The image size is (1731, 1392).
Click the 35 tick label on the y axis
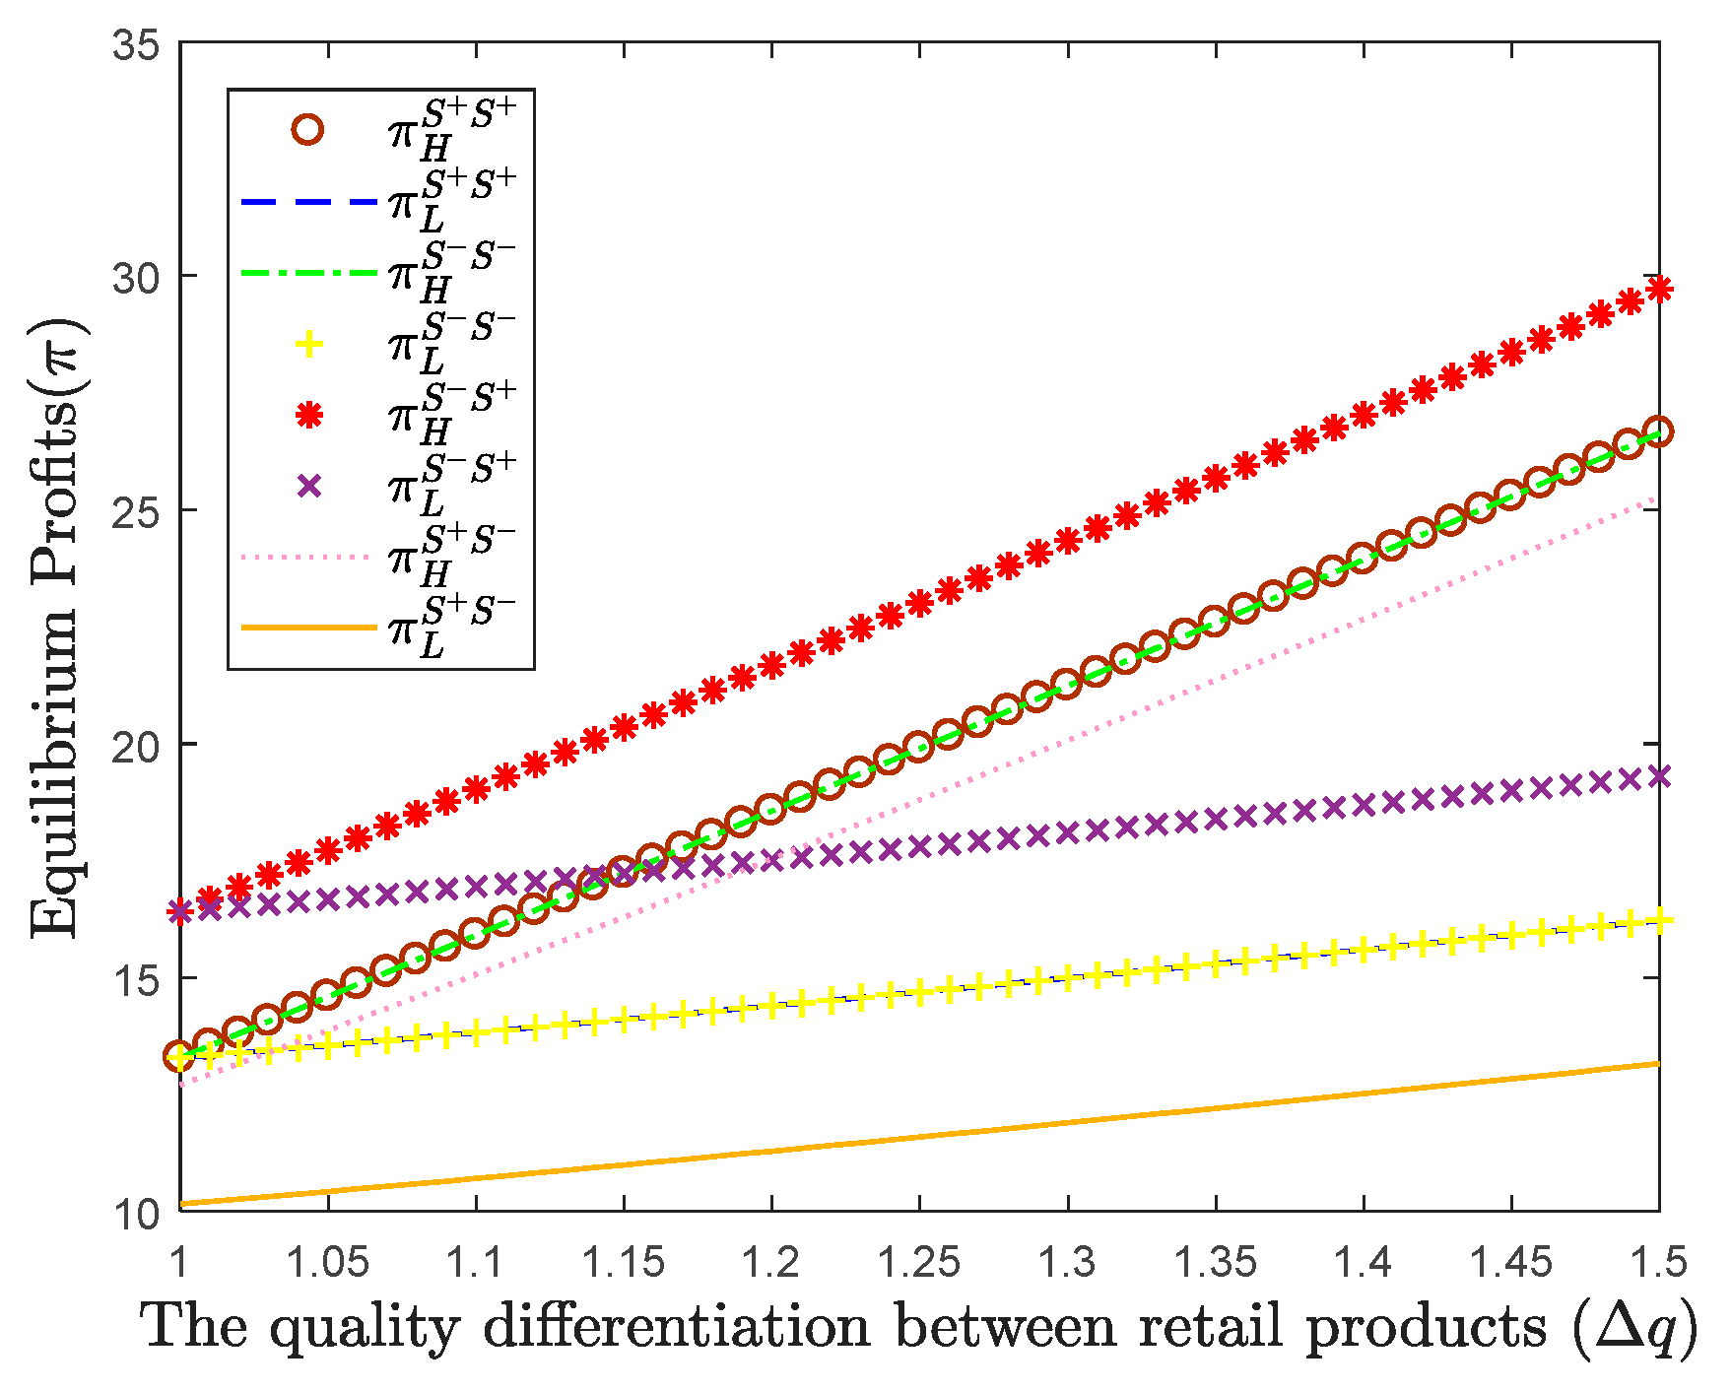[x=139, y=44]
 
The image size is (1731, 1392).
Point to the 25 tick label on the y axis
[x=139, y=510]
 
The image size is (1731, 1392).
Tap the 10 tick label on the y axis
[x=139, y=1213]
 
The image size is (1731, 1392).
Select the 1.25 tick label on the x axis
[x=919, y=1261]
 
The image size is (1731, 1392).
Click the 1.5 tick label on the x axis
[x=1658, y=1261]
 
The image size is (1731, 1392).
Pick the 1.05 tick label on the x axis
[x=328, y=1261]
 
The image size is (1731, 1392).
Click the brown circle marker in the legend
[x=308, y=129]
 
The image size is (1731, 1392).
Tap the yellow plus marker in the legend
[x=308, y=344]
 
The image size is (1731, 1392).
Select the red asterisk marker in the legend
[x=308, y=415]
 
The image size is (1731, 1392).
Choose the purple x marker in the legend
[x=308, y=486]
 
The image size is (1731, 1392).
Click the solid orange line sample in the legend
[x=308, y=627]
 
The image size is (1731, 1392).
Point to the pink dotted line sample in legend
[x=308, y=557]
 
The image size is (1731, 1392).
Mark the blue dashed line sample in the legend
[x=308, y=202]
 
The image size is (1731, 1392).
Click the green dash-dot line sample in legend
[x=308, y=273]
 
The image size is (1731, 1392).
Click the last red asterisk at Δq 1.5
[x=1659, y=289]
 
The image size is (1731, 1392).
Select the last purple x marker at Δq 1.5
[x=1659, y=776]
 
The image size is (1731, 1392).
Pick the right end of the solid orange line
[x=1659, y=1064]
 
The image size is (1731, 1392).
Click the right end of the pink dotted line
[x=1657, y=498]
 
